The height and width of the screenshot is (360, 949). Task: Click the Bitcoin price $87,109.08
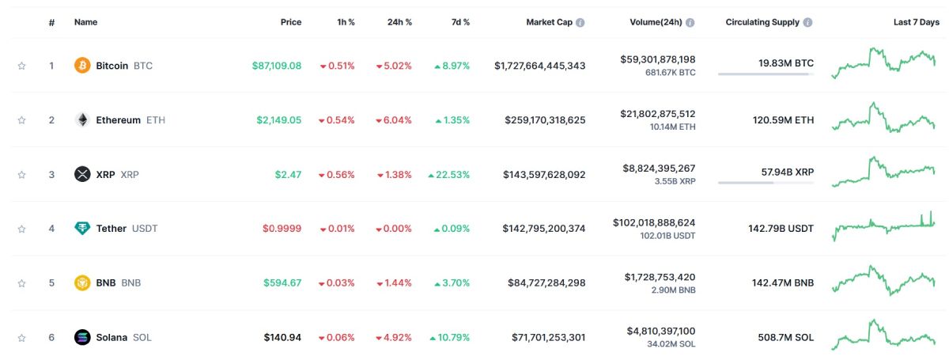276,66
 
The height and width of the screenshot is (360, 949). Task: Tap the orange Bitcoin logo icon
82,66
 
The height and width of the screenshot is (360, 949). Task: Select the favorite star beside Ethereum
21,120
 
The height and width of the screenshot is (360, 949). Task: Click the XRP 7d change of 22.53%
449,174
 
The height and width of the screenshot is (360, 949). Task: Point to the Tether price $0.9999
282,229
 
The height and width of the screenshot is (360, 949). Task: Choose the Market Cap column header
549,22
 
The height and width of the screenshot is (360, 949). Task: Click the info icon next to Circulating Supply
807,22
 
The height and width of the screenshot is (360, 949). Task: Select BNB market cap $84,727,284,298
543,282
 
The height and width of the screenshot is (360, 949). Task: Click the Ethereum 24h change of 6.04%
394,120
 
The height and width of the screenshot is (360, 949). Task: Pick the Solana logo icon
82,337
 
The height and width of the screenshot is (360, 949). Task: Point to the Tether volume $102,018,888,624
653,223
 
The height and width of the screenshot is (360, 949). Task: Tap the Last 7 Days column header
916,22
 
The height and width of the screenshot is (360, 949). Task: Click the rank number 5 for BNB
51,282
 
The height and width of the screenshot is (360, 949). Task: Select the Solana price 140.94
282,337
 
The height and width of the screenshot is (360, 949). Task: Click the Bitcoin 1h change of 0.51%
337,66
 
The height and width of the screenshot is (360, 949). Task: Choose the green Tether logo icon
82,229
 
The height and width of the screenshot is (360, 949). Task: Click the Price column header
290,22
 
